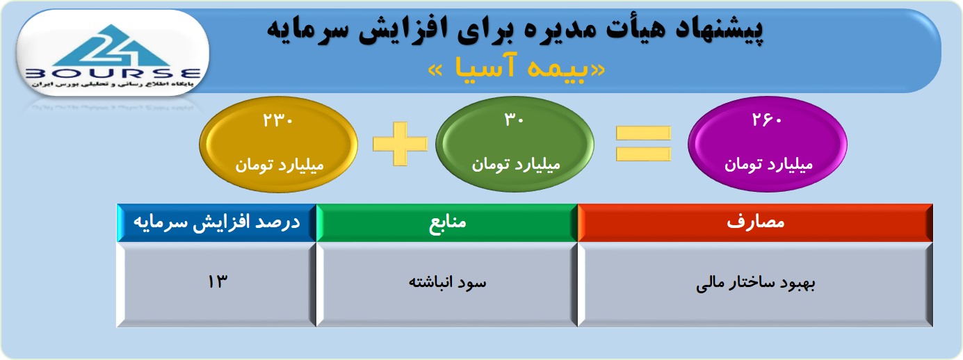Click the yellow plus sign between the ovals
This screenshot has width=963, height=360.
click(400, 144)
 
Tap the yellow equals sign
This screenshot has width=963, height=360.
click(643, 143)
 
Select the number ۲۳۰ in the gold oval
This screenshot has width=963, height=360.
click(278, 120)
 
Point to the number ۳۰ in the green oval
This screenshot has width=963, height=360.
click(514, 119)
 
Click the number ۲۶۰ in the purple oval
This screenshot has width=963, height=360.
click(766, 119)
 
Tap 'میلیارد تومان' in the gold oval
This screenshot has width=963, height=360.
click(279, 165)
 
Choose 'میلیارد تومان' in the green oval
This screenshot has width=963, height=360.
click(516, 164)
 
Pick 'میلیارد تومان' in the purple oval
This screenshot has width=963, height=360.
click(768, 164)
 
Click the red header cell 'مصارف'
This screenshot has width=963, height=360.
click(755, 222)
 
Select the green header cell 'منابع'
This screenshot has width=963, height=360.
click(447, 222)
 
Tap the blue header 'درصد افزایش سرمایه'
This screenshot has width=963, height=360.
click(217, 222)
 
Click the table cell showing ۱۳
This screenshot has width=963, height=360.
click(217, 284)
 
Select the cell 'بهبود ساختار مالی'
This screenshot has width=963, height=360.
click(755, 284)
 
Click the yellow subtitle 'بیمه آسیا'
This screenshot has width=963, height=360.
click(517, 69)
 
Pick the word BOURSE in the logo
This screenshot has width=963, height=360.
click(113, 74)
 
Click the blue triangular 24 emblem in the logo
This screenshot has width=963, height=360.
click(112, 46)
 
